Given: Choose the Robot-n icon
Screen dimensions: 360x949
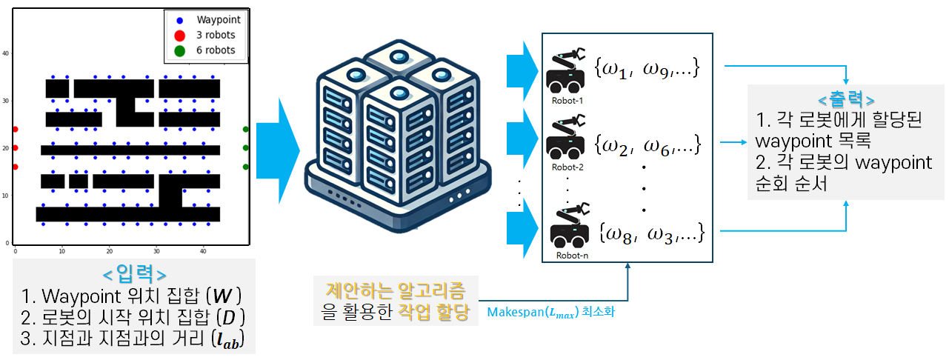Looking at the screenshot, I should (567, 226).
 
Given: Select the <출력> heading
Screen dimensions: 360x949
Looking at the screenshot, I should (845, 99).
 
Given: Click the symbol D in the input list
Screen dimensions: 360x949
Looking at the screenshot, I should (232, 318).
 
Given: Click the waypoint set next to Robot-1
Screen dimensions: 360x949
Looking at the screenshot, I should (645, 69).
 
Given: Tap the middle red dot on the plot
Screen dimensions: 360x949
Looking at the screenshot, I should (15, 148).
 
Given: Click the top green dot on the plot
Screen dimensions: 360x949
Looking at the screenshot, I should (245, 130).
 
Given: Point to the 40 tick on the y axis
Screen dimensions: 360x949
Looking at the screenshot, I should (6, 53).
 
